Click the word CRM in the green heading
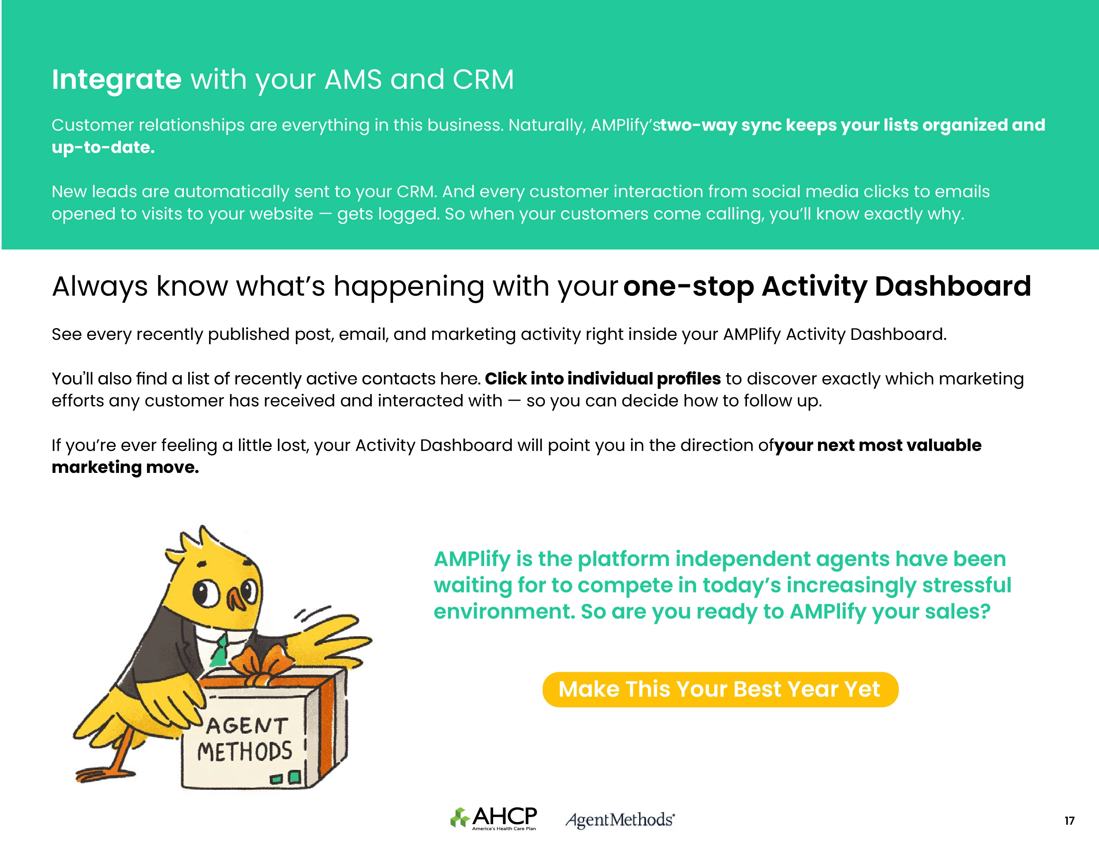pos(483,79)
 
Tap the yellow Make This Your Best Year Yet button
pos(720,689)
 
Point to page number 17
pos(1069,821)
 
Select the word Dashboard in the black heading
pos(953,286)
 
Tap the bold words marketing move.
pos(125,468)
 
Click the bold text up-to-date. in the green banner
pos(103,147)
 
